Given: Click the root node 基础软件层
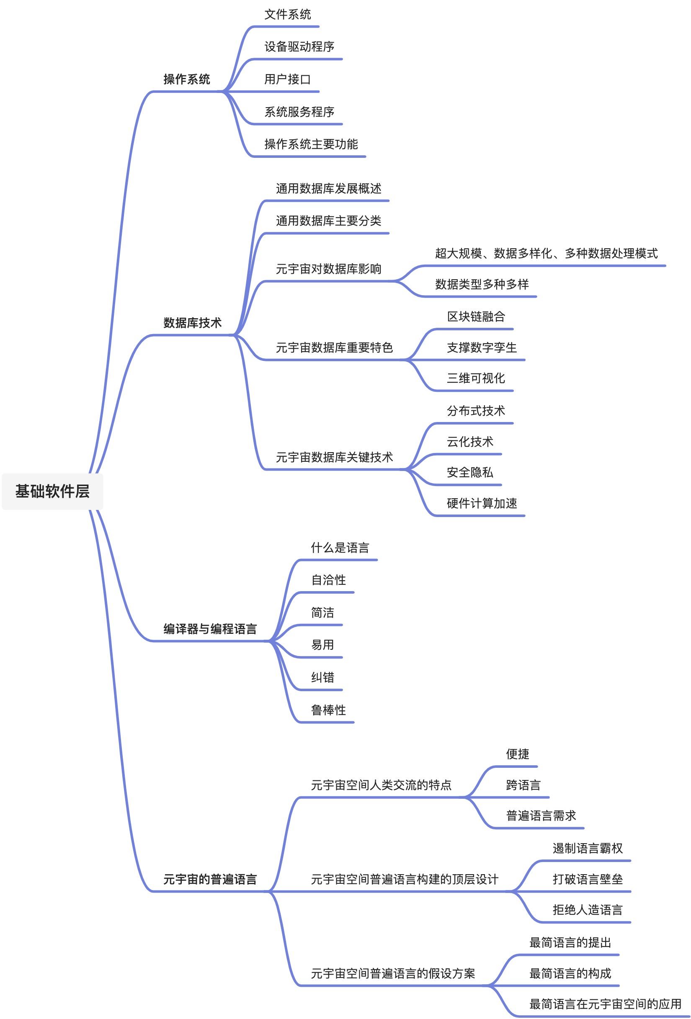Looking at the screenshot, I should tap(52, 491).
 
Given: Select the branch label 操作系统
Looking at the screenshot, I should tap(186, 80).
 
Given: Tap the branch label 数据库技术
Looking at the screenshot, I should tap(192, 323).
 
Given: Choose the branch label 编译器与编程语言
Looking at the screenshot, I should tap(210, 629).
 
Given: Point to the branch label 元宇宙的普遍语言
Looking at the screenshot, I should tap(210, 879).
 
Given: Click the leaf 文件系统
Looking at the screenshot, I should tap(287, 15).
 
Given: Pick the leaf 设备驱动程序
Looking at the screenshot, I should tap(299, 47).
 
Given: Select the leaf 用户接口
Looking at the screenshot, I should tap(287, 80).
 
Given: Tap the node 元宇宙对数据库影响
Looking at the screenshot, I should tap(328, 269).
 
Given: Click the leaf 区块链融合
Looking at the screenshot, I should tap(476, 317).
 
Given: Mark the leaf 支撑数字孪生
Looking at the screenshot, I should tap(482, 348).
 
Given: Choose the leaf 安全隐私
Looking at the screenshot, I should tap(470, 472).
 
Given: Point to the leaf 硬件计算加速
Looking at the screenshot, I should tap(482, 503).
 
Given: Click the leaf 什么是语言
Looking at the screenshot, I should tap(340, 548).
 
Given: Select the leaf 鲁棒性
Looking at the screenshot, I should tap(328, 710).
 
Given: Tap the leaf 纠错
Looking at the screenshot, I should tap(322, 677).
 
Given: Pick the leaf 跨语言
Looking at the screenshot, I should tap(523, 785).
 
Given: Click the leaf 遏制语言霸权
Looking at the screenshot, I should tap(588, 849).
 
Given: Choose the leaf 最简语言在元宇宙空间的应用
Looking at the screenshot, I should tap(605, 1004).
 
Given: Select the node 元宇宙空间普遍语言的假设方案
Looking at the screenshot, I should tap(393, 973).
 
